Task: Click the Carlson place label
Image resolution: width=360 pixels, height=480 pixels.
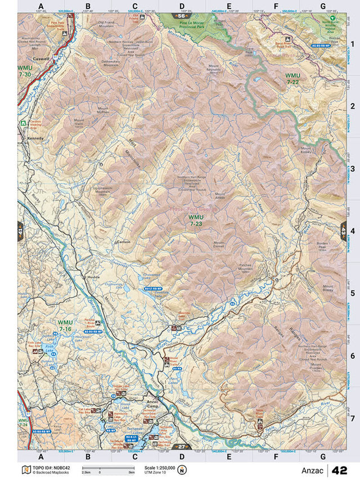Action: coord(123,242)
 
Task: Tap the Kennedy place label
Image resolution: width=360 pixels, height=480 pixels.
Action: coord(35,137)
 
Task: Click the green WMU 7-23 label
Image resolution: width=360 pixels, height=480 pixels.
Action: coord(196,219)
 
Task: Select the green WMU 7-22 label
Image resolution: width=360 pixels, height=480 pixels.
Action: coord(293,79)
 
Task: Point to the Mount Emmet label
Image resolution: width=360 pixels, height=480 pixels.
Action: coord(219,245)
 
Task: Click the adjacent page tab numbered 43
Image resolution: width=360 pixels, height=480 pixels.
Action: coord(343,231)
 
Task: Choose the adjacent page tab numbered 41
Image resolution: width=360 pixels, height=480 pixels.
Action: coord(20,231)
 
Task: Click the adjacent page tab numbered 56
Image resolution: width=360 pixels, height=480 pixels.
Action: coord(181,16)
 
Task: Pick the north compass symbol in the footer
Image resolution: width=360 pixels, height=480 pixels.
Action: coord(182,470)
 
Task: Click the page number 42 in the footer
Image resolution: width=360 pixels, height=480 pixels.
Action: coord(340,470)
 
